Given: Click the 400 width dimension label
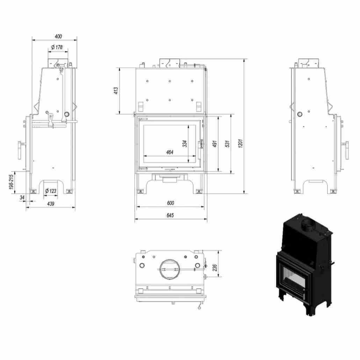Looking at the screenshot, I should click(x=58, y=36).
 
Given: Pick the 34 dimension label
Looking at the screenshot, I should click(x=22, y=198).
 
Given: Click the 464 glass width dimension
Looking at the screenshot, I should click(x=170, y=152).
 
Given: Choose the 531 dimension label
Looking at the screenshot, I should click(x=227, y=143).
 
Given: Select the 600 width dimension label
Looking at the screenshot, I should click(x=170, y=203).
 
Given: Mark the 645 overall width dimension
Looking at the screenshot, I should click(x=170, y=216).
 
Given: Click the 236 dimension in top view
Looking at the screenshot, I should click(x=215, y=268).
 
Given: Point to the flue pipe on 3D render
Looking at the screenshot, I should click(x=308, y=225).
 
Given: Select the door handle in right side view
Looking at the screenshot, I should click(x=347, y=150).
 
